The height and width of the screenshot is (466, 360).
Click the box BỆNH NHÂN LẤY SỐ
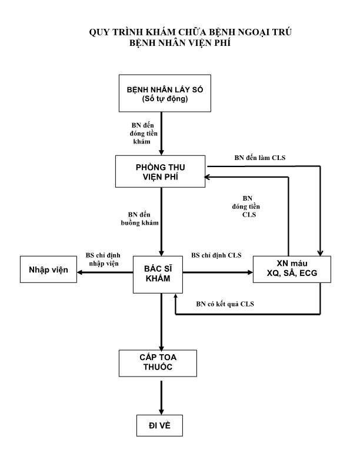point(161,93)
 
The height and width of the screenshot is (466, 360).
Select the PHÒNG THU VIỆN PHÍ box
point(161,171)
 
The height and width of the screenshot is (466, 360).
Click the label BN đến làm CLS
point(260,158)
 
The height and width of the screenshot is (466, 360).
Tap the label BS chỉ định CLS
point(216,255)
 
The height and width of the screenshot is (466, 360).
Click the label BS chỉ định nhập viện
point(104,259)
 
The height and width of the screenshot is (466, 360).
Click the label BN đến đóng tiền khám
point(144,134)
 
